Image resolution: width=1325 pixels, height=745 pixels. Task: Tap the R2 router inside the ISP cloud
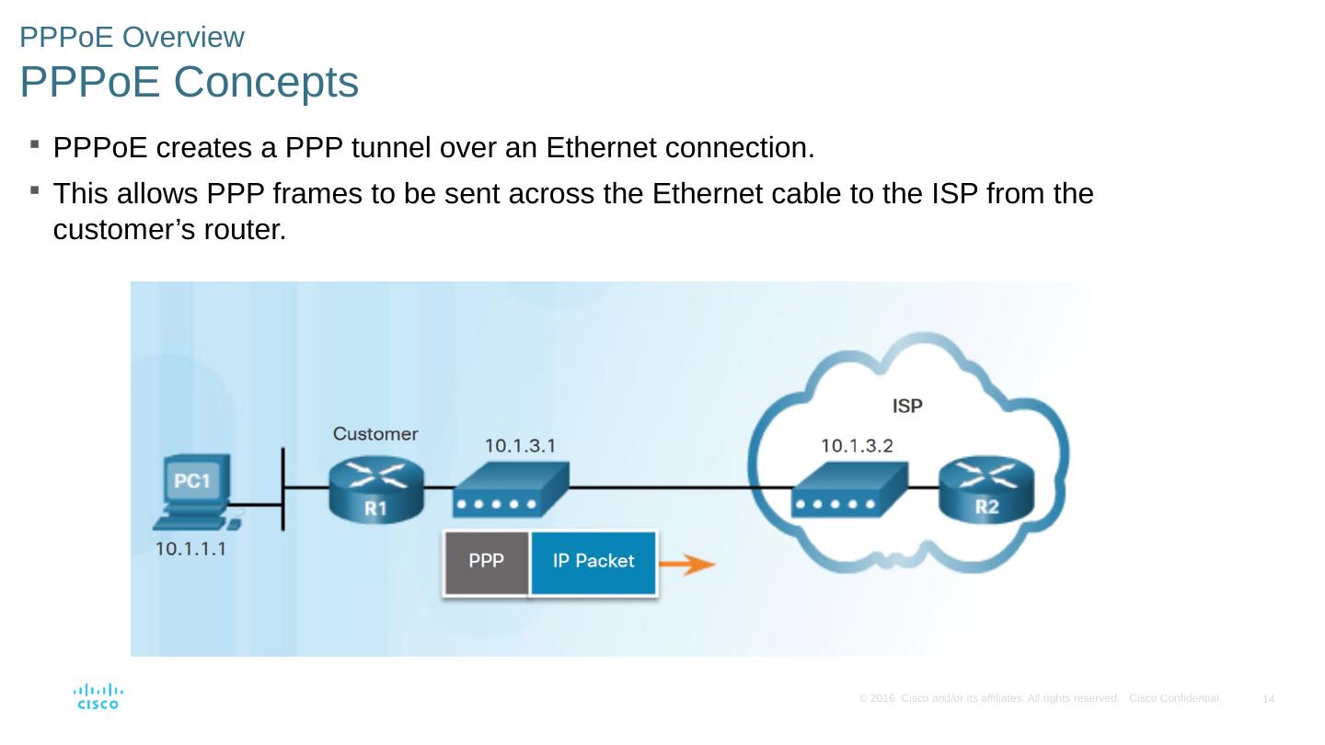(986, 488)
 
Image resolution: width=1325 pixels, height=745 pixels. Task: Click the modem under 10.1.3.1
(510, 491)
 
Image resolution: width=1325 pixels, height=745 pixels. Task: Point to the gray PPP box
(486, 561)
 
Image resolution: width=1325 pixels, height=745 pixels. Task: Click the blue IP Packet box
(593, 561)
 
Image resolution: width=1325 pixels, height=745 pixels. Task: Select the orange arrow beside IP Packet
(687, 564)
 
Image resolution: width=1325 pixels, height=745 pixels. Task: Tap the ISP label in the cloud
(907, 405)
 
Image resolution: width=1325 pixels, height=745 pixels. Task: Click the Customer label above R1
(375, 433)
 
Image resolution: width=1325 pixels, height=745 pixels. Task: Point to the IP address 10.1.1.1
(190, 549)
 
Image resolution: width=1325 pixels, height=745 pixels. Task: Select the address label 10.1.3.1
(520, 446)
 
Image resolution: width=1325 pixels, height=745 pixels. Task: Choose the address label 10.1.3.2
(857, 446)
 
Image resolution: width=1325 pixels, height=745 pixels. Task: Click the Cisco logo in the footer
(98, 696)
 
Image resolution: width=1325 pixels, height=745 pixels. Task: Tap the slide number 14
(1268, 700)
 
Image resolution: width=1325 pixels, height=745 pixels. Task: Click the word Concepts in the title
(265, 83)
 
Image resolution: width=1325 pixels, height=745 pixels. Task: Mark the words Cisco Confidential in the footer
(1173, 698)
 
